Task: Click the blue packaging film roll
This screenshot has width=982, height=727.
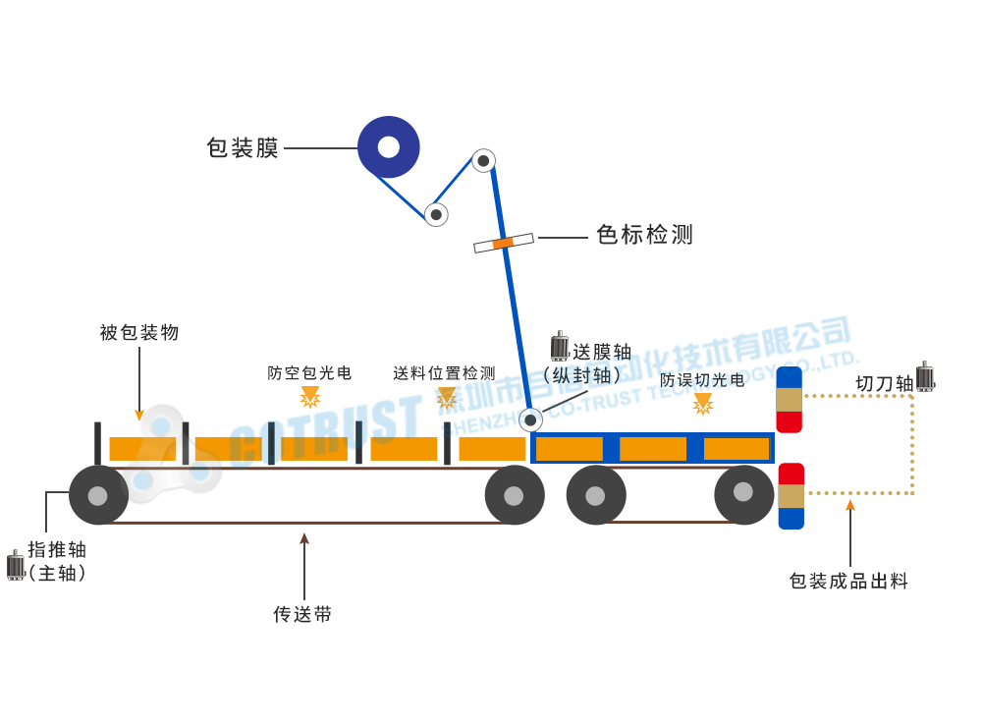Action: click(x=389, y=147)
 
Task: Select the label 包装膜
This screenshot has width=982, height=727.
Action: click(x=243, y=148)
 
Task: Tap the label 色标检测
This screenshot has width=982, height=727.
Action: click(x=644, y=235)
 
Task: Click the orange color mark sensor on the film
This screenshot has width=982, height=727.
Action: click(x=503, y=243)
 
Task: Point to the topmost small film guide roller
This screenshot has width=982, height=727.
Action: click(x=483, y=160)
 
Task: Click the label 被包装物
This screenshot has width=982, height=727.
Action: click(x=139, y=333)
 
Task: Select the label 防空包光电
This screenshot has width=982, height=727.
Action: click(x=309, y=373)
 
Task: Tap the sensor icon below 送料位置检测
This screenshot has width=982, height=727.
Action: click(x=447, y=398)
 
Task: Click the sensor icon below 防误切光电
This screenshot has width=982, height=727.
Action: click(x=703, y=404)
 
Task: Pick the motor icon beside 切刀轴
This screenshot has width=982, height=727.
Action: click(x=925, y=376)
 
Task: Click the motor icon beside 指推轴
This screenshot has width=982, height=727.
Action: click(x=16, y=565)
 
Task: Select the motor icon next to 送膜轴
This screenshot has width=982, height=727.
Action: click(x=560, y=347)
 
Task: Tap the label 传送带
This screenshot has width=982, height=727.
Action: click(x=302, y=615)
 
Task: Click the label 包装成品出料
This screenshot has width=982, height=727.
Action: click(x=848, y=582)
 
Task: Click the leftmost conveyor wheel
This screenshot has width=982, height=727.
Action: click(x=98, y=495)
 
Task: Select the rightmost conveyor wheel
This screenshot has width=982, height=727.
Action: click(x=743, y=494)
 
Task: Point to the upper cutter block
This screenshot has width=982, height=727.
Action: click(x=790, y=400)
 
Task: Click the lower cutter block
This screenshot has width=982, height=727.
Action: click(x=791, y=496)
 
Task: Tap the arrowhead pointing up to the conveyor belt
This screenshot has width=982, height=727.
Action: click(x=304, y=538)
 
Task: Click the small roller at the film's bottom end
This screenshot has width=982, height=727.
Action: click(x=531, y=420)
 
